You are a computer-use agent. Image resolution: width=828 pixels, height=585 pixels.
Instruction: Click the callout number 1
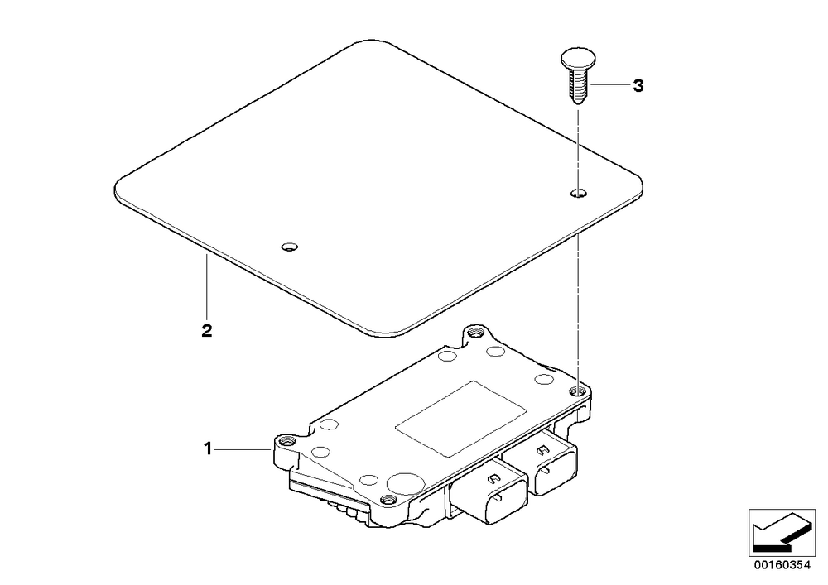click(x=208, y=449)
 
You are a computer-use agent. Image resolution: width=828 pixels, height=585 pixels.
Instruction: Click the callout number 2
click(x=206, y=331)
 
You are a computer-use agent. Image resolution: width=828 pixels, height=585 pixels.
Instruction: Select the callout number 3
click(x=638, y=85)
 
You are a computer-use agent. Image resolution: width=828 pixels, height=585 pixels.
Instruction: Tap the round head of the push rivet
click(x=578, y=58)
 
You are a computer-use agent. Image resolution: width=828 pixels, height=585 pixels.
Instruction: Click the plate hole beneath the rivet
click(x=579, y=193)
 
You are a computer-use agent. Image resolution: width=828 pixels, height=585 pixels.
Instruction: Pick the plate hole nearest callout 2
click(x=289, y=247)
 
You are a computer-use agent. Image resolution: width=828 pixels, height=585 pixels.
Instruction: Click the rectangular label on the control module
click(x=460, y=419)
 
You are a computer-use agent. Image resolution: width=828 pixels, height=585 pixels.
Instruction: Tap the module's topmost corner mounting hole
click(x=476, y=333)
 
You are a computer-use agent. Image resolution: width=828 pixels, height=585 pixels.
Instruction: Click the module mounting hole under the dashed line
click(x=579, y=391)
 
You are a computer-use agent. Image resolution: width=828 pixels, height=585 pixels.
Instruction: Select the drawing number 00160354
click(x=782, y=565)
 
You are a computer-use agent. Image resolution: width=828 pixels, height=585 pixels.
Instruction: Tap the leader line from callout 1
click(x=243, y=449)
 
